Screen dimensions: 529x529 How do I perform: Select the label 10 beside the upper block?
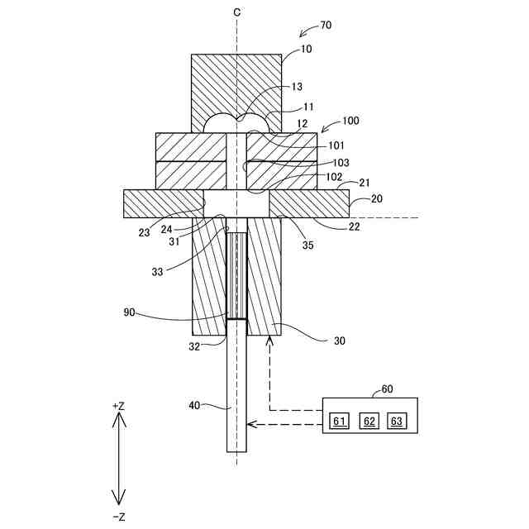[284, 50]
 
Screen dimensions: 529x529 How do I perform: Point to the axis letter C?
[237, 12]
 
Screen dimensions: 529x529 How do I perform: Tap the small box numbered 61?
[339, 422]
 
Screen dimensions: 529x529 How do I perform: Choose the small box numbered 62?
[369, 422]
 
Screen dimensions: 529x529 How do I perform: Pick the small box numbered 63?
[398, 422]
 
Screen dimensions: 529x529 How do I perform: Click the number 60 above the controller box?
[388, 389]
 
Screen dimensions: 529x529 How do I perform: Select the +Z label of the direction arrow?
[118, 406]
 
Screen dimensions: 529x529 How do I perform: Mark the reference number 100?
[350, 121]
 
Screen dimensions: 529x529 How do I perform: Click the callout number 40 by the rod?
[194, 406]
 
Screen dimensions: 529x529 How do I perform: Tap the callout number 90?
[131, 313]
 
